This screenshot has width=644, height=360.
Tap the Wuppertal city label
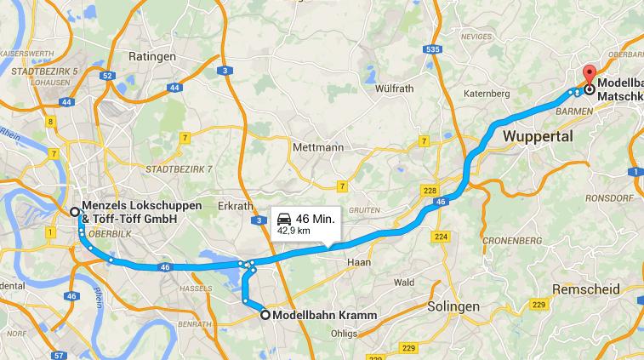pyautogui.click(x=538, y=135)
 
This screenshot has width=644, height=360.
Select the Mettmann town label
pyautogui.click(x=317, y=146)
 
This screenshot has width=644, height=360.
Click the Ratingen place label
pyautogui.click(x=151, y=57)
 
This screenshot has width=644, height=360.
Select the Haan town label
pyautogui.click(x=360, y=263)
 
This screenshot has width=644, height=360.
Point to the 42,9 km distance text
pyautogui.click(x=293, y=231)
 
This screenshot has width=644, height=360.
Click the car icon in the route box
pyautogui.click(x=284, y=219)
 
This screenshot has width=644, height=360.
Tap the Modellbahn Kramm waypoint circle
pyautogui.click(x=265, y=315)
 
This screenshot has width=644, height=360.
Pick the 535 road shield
pyautogui.click(x=433, y=50)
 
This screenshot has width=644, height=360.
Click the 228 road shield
pyautogui.click(x=430, y=191)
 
